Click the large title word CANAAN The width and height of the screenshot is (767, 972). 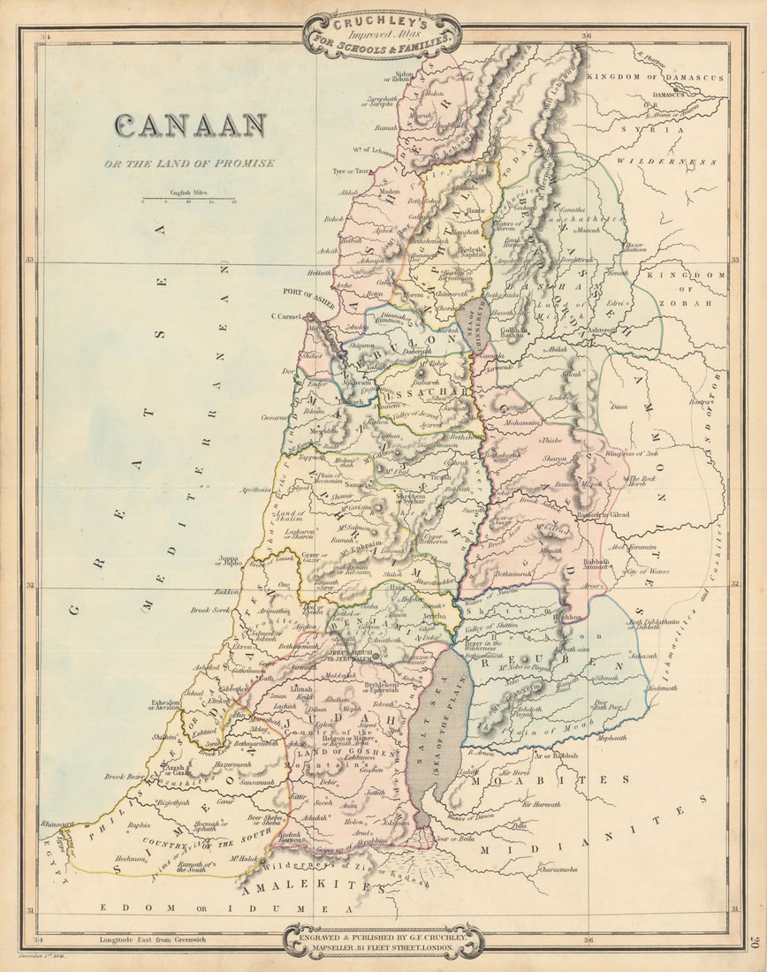pos(189,125)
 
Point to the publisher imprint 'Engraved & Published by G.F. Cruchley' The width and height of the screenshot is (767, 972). pos(383,939)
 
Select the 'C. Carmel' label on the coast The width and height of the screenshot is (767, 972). pos(286,315)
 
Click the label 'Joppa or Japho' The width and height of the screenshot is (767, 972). pos(230,561)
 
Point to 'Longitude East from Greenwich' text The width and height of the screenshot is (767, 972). pos(152,939)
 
